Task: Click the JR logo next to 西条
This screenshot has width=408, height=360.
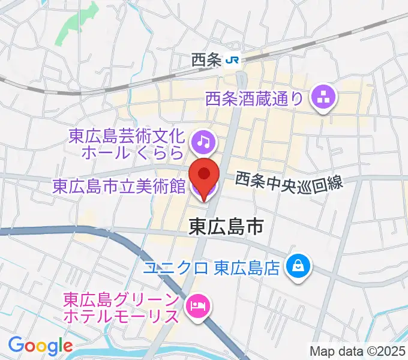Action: [233, 60]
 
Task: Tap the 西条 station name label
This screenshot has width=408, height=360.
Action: [207, 60]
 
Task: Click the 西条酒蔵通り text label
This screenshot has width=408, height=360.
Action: [254, 97]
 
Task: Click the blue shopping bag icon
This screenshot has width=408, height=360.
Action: [298, 264]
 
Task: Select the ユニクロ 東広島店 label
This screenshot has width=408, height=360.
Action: [212, 266]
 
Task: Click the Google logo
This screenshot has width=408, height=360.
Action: [40, 346]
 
